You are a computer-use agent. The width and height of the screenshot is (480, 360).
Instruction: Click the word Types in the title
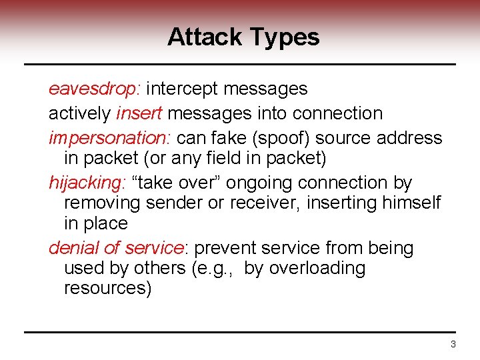285,38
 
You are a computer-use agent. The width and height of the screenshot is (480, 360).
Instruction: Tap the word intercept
183,88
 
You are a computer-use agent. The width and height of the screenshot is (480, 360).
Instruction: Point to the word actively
80,114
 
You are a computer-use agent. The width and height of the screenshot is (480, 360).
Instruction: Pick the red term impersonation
109,138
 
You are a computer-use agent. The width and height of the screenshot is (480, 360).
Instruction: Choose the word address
409,138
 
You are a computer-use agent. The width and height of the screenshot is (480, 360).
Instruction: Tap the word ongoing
259,183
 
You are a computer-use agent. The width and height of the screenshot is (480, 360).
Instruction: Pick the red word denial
75,248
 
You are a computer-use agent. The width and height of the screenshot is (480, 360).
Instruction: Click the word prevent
229,248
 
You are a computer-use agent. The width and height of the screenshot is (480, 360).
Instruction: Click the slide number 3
453,345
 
